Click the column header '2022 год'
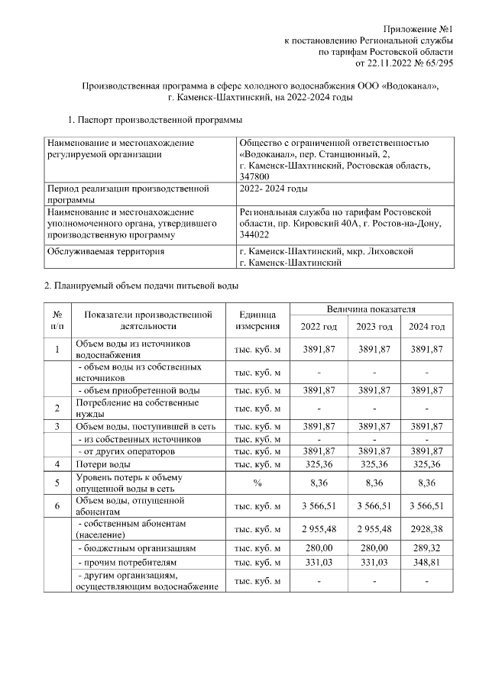point(319,327)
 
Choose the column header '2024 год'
point(426,327)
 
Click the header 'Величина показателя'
point(371,310)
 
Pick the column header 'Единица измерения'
point(257,321)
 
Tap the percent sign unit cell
point(257,483)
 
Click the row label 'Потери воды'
point(102,463)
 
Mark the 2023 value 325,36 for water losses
point(372,463)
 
